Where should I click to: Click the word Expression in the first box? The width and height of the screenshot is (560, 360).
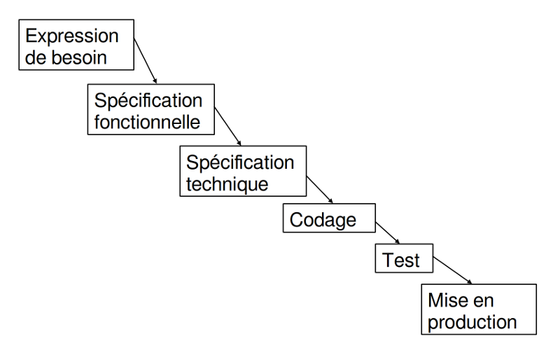[72, 36]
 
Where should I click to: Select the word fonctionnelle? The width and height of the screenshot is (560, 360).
[147, 123]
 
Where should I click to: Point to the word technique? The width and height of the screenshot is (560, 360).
[227, 184]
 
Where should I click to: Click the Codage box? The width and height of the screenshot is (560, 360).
[329, 218]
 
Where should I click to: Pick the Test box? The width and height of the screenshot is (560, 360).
[404, 258]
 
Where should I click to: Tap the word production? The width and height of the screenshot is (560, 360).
[472, 322]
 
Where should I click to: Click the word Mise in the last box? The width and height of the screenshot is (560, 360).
[446, 300]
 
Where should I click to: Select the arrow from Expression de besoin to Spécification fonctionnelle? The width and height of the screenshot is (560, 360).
[146, 61]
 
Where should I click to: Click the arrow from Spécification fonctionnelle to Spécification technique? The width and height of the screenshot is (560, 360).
[227, 126]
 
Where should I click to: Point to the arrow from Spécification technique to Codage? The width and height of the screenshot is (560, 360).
[320, 190]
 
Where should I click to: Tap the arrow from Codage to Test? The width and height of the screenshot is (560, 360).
[388, 233]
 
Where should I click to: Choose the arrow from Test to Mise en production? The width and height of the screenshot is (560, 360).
[452, 270]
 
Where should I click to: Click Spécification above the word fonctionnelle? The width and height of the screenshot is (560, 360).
[148, 100]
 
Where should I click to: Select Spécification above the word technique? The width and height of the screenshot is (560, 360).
[240, 162]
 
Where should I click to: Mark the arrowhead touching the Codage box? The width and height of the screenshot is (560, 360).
[330, 201]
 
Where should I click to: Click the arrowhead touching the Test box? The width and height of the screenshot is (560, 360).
[397, 242]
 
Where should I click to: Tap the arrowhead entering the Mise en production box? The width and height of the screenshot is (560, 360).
[469, 282]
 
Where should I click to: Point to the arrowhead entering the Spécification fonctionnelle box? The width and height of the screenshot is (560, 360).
[155, 81]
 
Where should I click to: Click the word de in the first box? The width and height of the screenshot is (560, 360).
[36, 57]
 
